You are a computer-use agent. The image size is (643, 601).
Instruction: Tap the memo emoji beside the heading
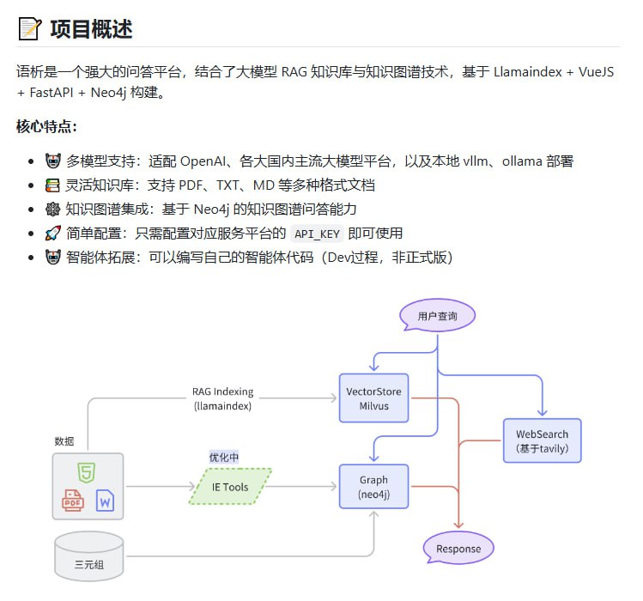[30, 28]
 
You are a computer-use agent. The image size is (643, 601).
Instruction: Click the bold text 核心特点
[46, 127]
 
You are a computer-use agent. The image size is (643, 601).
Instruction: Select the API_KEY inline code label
[318, 234]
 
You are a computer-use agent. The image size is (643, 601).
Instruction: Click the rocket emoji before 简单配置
[52, 234]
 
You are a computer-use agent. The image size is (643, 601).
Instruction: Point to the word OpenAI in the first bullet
[203, 161]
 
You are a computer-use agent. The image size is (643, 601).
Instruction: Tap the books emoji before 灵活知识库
[52, 185]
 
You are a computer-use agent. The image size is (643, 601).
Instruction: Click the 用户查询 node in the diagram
[437, 316]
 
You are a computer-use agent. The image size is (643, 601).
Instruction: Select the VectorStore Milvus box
[373, 398]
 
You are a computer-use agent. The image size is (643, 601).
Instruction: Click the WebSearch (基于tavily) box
[542, 440]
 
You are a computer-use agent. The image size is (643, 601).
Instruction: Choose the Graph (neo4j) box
[373, 487]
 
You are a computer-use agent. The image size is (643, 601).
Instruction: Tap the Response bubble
[458, 549]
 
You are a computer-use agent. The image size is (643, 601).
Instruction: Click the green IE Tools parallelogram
[230, 487]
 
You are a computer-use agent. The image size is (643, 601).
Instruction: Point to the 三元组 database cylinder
[88, 556]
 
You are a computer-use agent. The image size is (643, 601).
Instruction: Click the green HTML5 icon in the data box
[86, 471]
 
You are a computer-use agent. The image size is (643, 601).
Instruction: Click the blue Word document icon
[105, 501]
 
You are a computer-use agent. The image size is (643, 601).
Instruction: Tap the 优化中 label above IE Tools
[223, 457]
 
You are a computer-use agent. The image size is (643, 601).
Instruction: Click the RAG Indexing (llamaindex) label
[222, 398]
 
